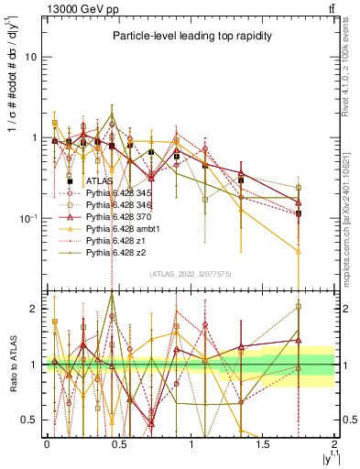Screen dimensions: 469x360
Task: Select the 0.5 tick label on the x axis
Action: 118,442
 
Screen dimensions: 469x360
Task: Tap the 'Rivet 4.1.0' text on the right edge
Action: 352,64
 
